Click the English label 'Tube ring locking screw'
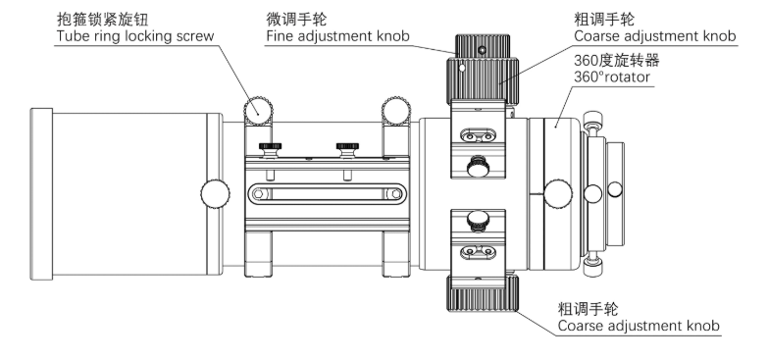tap(135, 36)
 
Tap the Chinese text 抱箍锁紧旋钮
tap(102, 20)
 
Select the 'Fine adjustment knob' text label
tap(338, 36)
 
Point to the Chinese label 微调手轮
tap(296, 20)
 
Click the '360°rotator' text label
tap(612, 77)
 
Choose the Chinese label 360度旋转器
tap(616, 60)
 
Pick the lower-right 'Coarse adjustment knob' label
tap(639, 326)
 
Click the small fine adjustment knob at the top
tap(483, 46)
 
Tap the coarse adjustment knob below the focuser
tap(483, 293)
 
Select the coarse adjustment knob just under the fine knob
tap(483, 81)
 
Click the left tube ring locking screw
tap(259, 111)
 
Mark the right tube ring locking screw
tap(396, 111)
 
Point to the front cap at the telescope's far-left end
tap(41, 194)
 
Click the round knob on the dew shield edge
tap(215, 194)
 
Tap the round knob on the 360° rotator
tap(558, 193)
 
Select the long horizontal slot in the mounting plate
tap(327, 194)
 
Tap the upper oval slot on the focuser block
tap(479, 136)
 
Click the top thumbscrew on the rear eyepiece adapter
tap(593, 119)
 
